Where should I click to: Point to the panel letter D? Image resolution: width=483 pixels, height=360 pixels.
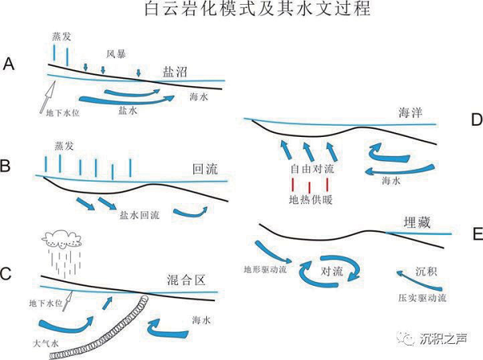pos(474,120)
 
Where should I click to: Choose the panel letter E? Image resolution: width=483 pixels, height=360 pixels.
pos(474,235)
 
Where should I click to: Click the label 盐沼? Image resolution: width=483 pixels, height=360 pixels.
pos(175,72)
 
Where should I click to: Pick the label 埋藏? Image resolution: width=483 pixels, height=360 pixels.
pos(415,223)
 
